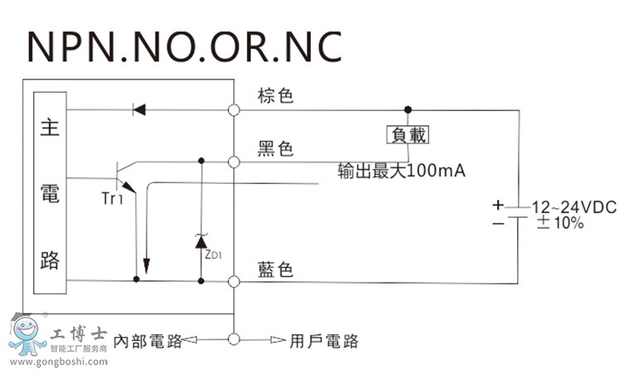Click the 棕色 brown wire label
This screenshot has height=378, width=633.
click(x=276, y=96)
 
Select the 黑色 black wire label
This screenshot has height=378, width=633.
click(x=276, y=149)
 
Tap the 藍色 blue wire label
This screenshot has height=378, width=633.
click(x=276, y=270)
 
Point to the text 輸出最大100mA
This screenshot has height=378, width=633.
click(x=402, y=172)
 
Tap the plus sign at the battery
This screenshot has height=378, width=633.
click(x=497, y=205)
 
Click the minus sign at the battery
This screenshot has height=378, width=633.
click(x=497, y=223)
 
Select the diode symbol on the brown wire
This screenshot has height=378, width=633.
click(x=138, y=109)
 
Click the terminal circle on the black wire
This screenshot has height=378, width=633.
click(x=234, y=162)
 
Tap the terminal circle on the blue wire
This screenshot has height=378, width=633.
click(x=234, y=283)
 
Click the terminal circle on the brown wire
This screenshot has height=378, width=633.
click(x=234, y=109)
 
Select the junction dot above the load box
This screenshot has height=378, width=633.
click(x=407, y=109)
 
